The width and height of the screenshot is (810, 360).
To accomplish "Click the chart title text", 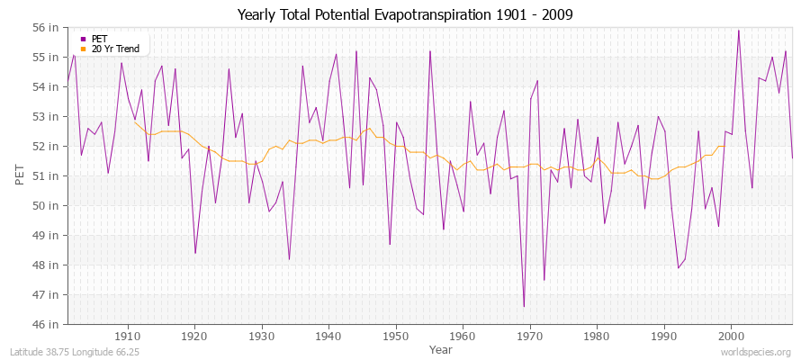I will click(x=405, y=14).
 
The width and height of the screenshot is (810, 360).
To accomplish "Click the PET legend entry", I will click(x=99, y=39).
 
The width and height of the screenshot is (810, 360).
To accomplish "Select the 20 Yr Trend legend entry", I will click(x=112, y=48).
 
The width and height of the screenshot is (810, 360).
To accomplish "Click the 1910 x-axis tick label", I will click(x=128, y=335).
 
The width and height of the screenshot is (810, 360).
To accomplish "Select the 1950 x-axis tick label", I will click(x=396, y=335).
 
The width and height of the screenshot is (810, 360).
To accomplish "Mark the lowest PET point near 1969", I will click(x=524, y=307).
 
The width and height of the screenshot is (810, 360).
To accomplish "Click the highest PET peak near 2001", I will click(x=739, y=31).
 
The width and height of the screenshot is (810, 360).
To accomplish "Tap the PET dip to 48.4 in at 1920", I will click(x=195, y=253).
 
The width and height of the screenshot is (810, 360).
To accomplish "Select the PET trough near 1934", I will click(x=289, y=259).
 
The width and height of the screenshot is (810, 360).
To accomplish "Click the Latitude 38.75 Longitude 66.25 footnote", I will click(x=68, y=352).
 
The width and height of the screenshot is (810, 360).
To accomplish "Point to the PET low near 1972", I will click(x=544, y=280).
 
